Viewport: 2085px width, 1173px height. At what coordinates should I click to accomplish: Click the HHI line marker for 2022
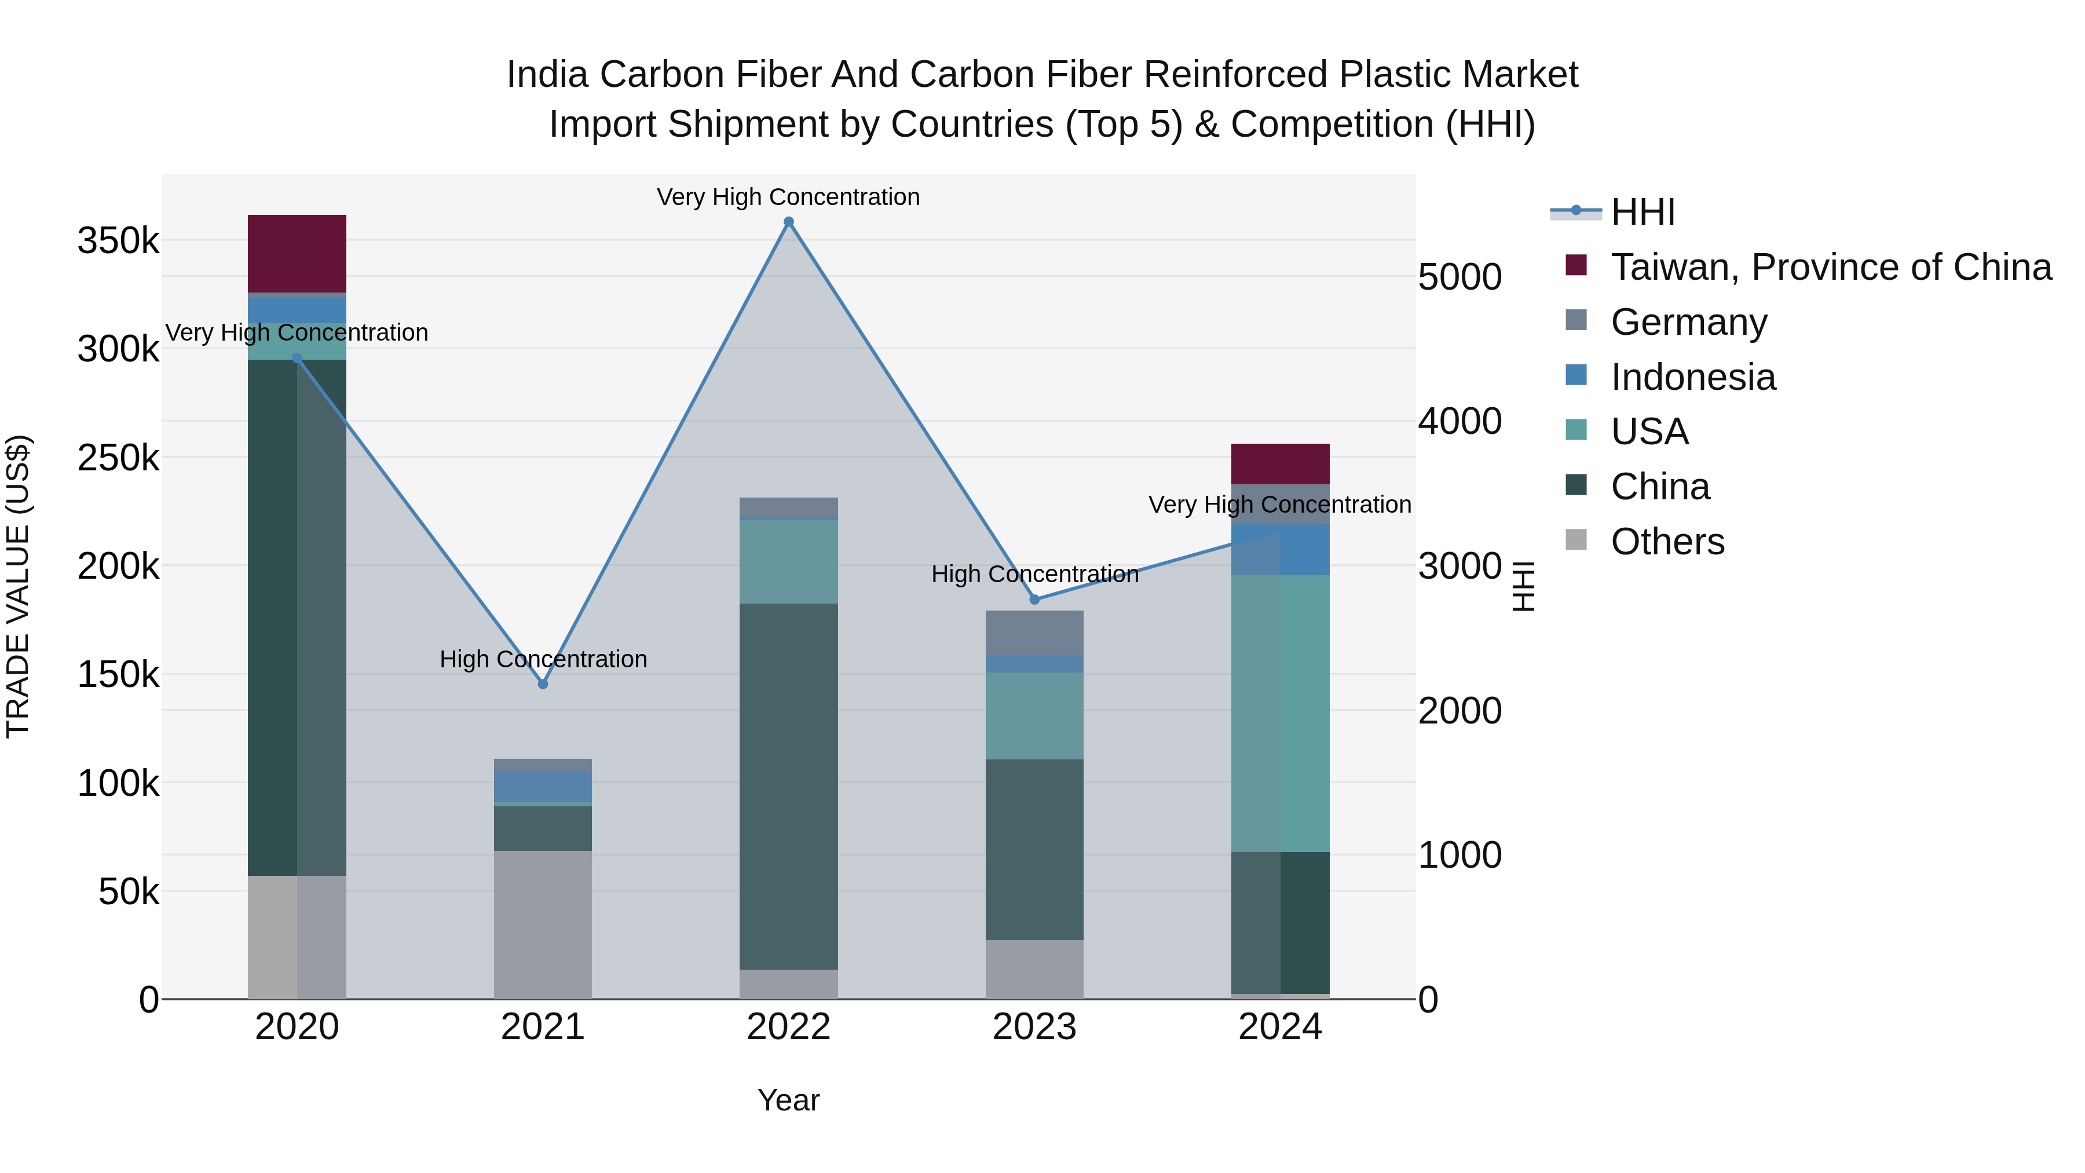pyautogui.click(x=788, y=222)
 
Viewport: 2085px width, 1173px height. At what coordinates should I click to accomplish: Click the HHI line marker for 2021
pyautogui.click(x=543, y=684)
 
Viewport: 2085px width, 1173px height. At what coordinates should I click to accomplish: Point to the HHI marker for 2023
pyautogui.click(x=1034, y=599)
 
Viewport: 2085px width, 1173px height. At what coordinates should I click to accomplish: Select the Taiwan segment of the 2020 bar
pyautogui.click(x=297, y=253)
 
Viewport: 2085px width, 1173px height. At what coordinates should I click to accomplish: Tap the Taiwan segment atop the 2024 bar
pyautogui.click(x=1281, y=464)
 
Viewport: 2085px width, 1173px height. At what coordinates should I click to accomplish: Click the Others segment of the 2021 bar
pyautogui.click(x=543, y=924)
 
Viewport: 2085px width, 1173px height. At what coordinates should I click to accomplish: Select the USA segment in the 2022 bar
pyautogui.click(x=788, y=562)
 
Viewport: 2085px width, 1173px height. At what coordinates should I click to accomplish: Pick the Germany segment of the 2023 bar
pyautogui.click(x=1034, y=632)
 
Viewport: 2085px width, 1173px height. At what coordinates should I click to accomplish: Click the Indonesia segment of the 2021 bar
pyautogui.click(x=543, y=786)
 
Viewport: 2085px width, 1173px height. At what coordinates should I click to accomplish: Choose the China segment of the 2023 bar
pyautogui.click(x=1034, y=849)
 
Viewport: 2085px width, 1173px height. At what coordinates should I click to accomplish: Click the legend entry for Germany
pyautogui.click(x=1688, y=322)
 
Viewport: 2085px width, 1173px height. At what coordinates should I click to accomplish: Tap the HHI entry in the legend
pyautogui.click(x=1643, y=212)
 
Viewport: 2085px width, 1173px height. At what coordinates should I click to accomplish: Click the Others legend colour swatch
pyautogui.click(x=1576, y=540)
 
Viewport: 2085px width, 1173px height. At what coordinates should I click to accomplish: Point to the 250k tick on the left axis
pyautogui.click(x=118, y=458)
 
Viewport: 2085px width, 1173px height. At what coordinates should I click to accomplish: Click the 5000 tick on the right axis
pyautogui.click(x=1460, y=277)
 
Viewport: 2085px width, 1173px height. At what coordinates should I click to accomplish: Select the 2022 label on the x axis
pyautogui.click(x=788, y=1027)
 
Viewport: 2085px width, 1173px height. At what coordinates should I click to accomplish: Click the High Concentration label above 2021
pyautogui.click(x=543, y=659)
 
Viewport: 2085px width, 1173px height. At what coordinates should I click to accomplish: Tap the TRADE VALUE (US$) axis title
pyautogui.click(x=18, y=586)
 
